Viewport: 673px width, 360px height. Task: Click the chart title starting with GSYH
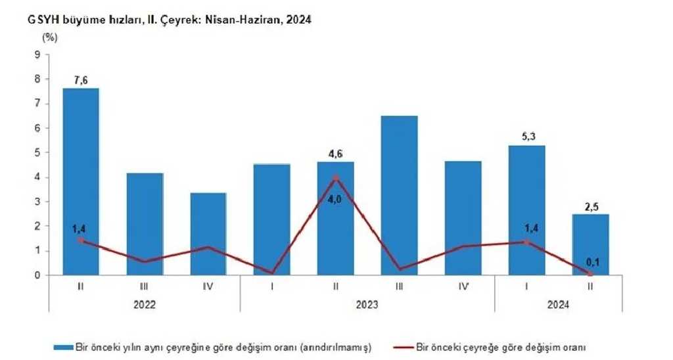169,20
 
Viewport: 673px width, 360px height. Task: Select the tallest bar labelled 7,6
81,181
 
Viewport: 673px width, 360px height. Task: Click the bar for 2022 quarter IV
209,234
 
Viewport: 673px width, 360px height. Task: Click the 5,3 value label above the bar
527,137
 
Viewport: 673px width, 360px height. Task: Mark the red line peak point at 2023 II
336,177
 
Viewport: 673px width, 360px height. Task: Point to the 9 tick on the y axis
37,55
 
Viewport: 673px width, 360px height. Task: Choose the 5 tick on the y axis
37,152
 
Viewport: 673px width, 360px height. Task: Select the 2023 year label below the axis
367,305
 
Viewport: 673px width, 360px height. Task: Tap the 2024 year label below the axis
559,305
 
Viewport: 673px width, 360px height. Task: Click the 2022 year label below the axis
145,305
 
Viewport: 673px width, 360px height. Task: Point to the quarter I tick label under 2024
527,286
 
